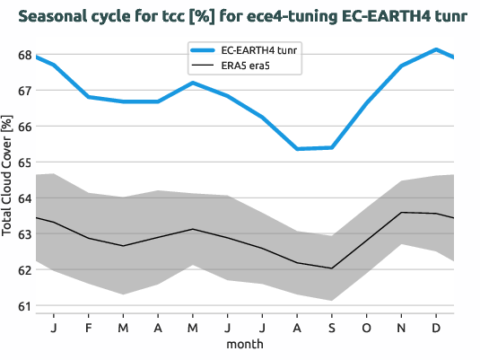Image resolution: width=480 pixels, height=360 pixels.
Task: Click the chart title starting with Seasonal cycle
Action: (x=240, y=16)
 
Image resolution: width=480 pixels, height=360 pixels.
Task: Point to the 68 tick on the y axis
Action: (x=24, y=55)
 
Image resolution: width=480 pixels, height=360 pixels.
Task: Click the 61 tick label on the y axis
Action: (x=24, y=306)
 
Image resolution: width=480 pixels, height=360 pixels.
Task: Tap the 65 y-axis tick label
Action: (x=24, y=162)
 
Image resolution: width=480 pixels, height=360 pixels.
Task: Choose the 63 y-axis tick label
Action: (x=24, y=234)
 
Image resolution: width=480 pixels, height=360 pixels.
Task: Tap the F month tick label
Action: (x=89, y=326)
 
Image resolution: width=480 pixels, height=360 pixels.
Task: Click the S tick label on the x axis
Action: (x=332, y=326)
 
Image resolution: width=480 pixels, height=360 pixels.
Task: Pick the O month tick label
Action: (x=367, y=326)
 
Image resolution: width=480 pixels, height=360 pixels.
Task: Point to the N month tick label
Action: (x=401, y=326)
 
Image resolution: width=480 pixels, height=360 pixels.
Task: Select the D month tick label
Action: (x=436, y=326)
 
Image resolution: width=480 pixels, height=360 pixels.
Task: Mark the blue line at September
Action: (x=332, y=147)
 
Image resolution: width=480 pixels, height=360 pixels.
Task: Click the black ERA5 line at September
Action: (x=332, y=268)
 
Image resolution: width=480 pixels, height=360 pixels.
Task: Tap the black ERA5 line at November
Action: (x=401, y=213)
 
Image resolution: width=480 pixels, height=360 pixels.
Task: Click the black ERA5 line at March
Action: (x=124, y=246)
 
